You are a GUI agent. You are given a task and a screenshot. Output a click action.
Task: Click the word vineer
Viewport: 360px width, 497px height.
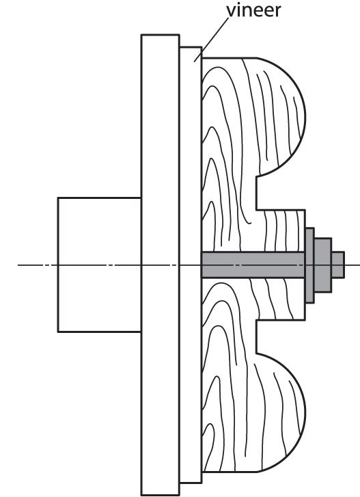253,10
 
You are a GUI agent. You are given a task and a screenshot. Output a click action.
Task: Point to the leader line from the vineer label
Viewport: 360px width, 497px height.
211,40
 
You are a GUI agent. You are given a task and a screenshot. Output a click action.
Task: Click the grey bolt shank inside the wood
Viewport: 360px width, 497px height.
253,265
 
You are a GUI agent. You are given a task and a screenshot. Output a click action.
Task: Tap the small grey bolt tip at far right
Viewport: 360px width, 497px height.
338,265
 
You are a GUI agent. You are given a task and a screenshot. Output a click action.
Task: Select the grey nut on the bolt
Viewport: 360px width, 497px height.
322,265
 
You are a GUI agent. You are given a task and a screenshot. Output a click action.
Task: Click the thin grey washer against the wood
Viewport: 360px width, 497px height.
309,265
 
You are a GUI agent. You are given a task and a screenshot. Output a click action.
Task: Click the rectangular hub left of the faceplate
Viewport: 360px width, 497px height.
100,265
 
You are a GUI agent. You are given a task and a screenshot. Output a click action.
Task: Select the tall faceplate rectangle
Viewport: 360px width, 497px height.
161,265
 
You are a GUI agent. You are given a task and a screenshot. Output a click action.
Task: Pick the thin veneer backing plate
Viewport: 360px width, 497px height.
191,265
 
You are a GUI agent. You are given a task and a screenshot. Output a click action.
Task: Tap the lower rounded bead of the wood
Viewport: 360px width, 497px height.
280,412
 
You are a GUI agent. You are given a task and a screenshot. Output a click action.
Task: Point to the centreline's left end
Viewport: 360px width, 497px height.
18,265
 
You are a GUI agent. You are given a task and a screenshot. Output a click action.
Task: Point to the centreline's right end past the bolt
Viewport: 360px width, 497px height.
359,265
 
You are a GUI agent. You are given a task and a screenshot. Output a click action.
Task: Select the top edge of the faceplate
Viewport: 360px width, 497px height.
161,35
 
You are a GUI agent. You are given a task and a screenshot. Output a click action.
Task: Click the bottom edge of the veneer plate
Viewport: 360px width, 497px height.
191,483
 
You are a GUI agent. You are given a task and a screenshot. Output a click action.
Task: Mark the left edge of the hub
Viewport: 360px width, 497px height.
58,265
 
